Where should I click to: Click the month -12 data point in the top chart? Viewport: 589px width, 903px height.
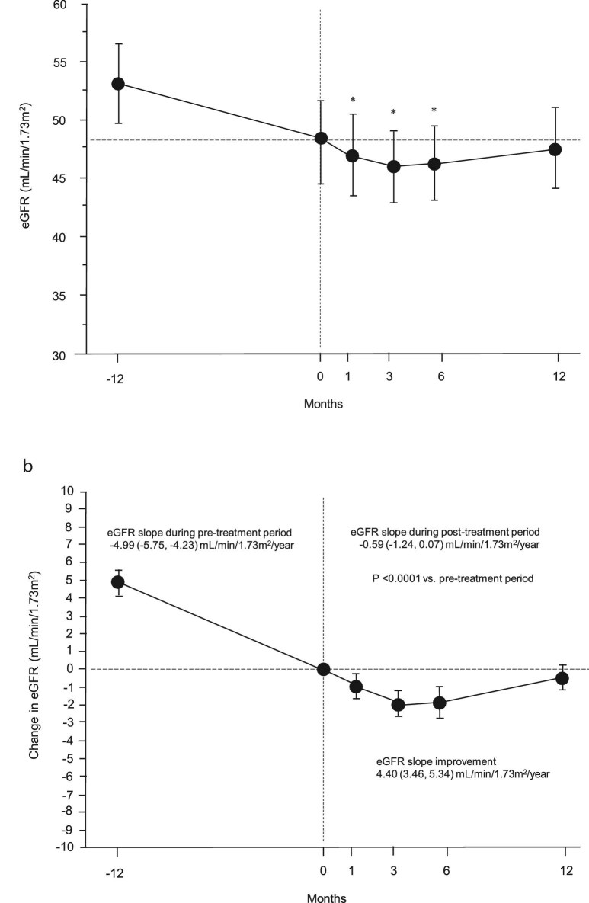pyautogui.click(x=118, y=84)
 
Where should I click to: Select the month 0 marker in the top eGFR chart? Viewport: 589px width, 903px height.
pyautogui.click(x=321, y=138)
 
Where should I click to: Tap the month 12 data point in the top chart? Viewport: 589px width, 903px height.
pyautogui.click(x=555, y=149)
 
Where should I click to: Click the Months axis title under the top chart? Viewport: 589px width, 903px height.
pyautogui.click(x=324, y=405)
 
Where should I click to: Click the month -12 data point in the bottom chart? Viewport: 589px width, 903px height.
pyautogui.click(x=118, y=582)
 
